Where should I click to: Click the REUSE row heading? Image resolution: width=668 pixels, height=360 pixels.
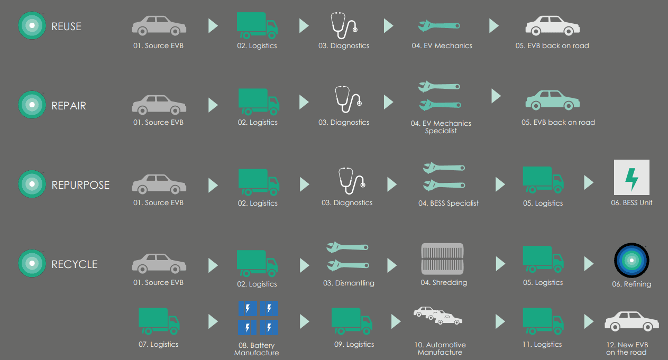click(66, 26)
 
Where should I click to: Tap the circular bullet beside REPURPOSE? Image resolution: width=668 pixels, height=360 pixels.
click(32, 184)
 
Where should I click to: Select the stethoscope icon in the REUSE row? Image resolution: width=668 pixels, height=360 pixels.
click(344, 25)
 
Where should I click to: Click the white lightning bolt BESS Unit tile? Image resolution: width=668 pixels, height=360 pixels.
click(632, 177)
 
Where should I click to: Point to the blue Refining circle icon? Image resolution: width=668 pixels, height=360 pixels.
click(632, 261)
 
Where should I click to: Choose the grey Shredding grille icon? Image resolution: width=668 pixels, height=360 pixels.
click(442, 259)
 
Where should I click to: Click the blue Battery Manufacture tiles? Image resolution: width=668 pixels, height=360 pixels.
click(258, 318)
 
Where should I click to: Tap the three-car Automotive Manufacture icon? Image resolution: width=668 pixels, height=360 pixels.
click(438, 316)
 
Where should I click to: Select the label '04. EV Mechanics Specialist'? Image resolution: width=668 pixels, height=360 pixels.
click(441, 127)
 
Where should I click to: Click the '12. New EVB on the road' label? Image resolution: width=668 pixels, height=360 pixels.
click(627, 348)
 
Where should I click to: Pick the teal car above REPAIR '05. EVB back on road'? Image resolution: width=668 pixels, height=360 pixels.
click(553, 100)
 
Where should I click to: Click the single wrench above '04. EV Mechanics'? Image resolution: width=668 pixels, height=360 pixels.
click(439, 25)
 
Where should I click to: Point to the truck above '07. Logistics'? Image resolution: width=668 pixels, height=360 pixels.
click(159, 321)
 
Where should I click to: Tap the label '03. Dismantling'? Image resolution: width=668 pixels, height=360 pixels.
click(349, 283)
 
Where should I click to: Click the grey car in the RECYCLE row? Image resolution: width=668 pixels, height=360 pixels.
click(159, 263)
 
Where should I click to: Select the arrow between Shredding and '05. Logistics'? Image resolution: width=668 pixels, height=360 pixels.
click(500, 264)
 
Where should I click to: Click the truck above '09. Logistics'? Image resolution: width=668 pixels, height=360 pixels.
click(352, 321)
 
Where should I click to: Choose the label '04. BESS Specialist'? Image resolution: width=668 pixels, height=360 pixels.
click(448, 203)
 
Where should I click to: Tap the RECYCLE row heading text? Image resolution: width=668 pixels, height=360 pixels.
click(74, 264)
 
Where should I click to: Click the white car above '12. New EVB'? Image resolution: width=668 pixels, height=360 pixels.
click(632, 321)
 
